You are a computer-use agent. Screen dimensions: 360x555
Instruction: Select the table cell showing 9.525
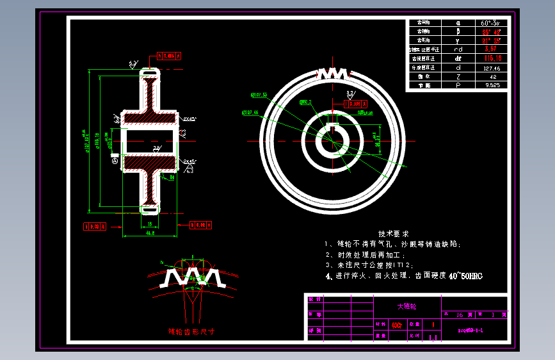click(x=492, y=85)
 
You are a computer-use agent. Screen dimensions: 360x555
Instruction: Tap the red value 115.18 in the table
click(x=492, y=58)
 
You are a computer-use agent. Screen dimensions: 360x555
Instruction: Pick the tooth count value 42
click(x=492, y=76)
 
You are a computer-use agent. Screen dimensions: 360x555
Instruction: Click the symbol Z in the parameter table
click(x=458, y=76)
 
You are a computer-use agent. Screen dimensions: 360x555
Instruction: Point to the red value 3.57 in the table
click(x=492, y=49)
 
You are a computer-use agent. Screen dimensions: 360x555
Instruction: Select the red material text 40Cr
click(x=397, y=325)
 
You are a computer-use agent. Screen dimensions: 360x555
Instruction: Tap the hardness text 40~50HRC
click(x=465, y=276)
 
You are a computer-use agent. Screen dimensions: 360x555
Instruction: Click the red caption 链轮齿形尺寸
click(x=190, y=332)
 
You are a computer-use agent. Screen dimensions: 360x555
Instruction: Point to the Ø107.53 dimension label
click(x=259, y=95)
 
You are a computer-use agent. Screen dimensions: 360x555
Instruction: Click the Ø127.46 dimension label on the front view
click(x=250, y=113)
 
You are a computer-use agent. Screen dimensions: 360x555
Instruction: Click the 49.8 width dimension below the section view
click(x=149, y=234)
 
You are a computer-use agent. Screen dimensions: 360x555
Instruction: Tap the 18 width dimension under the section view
click(x=149, y=224)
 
